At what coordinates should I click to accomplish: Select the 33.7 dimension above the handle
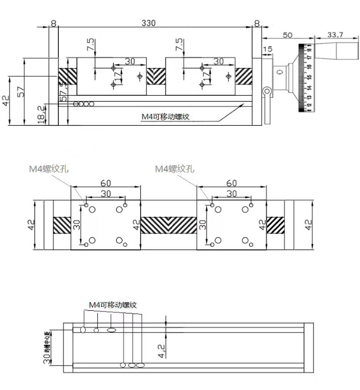335,34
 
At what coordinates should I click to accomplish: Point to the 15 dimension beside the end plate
268,49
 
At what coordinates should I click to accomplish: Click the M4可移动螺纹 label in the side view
166,116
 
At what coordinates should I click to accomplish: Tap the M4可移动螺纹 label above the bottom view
113,305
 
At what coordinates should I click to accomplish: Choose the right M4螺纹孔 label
175,169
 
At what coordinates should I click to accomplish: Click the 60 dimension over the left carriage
106,183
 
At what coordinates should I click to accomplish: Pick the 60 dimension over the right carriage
232,183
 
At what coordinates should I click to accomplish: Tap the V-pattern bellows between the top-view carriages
168,224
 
